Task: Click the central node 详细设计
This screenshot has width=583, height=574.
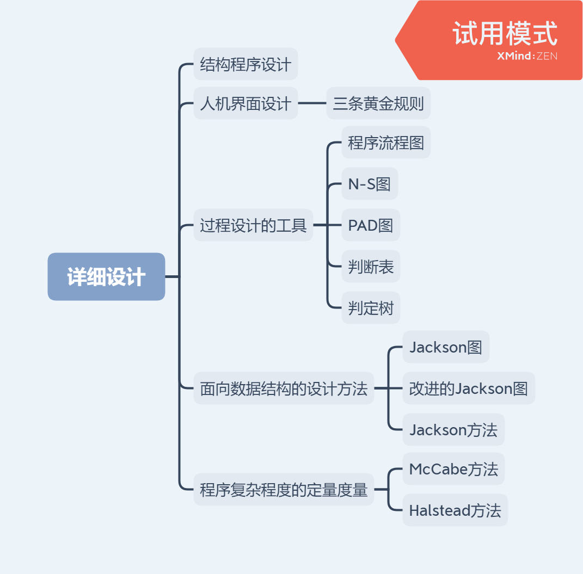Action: pyautogui.click(x=106, y=276)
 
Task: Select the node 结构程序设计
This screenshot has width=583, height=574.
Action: pyautogui.click(x=246, y=64)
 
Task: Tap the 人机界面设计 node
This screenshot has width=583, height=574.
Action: pyautogui.click(x=246, y=103)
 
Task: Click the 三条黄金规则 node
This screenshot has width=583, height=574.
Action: pyautogui.click(x=378, y=103)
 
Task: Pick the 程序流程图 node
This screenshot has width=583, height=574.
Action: pyautogui.click(x=386, y=143)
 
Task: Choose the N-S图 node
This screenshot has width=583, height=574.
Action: pyautogui.click(x=370, y=184)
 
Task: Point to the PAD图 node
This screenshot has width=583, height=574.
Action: pyautogui.click(x=371, y=225)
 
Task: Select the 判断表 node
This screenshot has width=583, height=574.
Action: pyautogui.click(x=371, y=267)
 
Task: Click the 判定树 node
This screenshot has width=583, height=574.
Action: pyautogui.click(x=371, y=308)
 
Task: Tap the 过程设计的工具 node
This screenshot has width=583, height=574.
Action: pyautogui.click(x=253, y=225)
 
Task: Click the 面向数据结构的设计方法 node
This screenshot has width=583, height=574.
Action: pyautogui.click(x=284, y=388)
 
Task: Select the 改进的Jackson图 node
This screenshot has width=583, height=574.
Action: pyautogui.click(x=468, y=388)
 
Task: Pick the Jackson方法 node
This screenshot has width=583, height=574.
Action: pyautogui.click(x=453, y=430)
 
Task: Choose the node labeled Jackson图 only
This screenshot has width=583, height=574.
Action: pyautogui.click(x=446, y=347)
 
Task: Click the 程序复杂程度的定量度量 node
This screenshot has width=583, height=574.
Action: pyautogui.click(x=284, y=490)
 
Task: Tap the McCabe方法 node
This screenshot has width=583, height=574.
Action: pyautogui.click(x=453, y=468)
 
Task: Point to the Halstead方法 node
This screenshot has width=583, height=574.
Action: pyautogui.click(x=455, y=510)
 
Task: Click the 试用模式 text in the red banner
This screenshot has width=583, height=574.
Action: pyautogui.click(x=505, y=34)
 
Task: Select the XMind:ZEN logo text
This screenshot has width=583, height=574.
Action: pyautogui.click(x=527, y=56)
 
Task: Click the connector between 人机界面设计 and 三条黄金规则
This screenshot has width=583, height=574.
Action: pyautogui.click(x=312, y=103)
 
